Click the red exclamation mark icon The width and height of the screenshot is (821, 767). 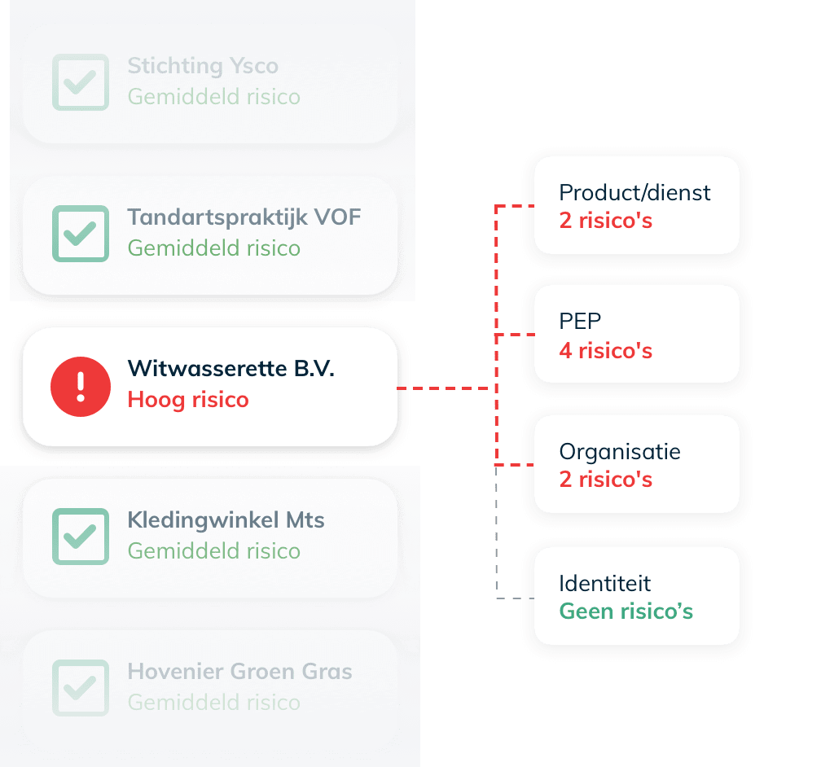[80, 387]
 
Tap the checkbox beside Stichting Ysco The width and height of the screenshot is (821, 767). [80, 81]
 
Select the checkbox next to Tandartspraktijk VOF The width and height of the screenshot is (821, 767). [80, 234]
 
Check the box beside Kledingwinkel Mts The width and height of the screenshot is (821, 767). [80, 537]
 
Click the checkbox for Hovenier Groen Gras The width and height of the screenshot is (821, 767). [80, 688]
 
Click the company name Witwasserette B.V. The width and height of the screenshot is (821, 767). [230, 368]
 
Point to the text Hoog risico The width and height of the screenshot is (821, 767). [188, 400]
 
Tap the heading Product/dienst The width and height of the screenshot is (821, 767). [634, 193]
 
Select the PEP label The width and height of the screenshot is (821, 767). [580, 322]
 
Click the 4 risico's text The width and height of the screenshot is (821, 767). [605, 351]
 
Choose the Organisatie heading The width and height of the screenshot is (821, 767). [619, 452]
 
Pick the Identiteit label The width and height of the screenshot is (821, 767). [604, 583]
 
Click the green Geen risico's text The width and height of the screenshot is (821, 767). [626, 611]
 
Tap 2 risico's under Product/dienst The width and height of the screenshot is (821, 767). [605, 221]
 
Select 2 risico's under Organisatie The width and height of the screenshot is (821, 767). [605, 480]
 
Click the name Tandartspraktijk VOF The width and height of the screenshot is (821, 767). [244, 217]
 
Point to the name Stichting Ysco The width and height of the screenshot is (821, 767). [203, 66]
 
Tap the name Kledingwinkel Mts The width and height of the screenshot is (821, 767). [226, 520]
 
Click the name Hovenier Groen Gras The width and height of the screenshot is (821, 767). [239, 672]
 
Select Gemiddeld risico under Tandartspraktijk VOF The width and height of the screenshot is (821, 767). [213, 248]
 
